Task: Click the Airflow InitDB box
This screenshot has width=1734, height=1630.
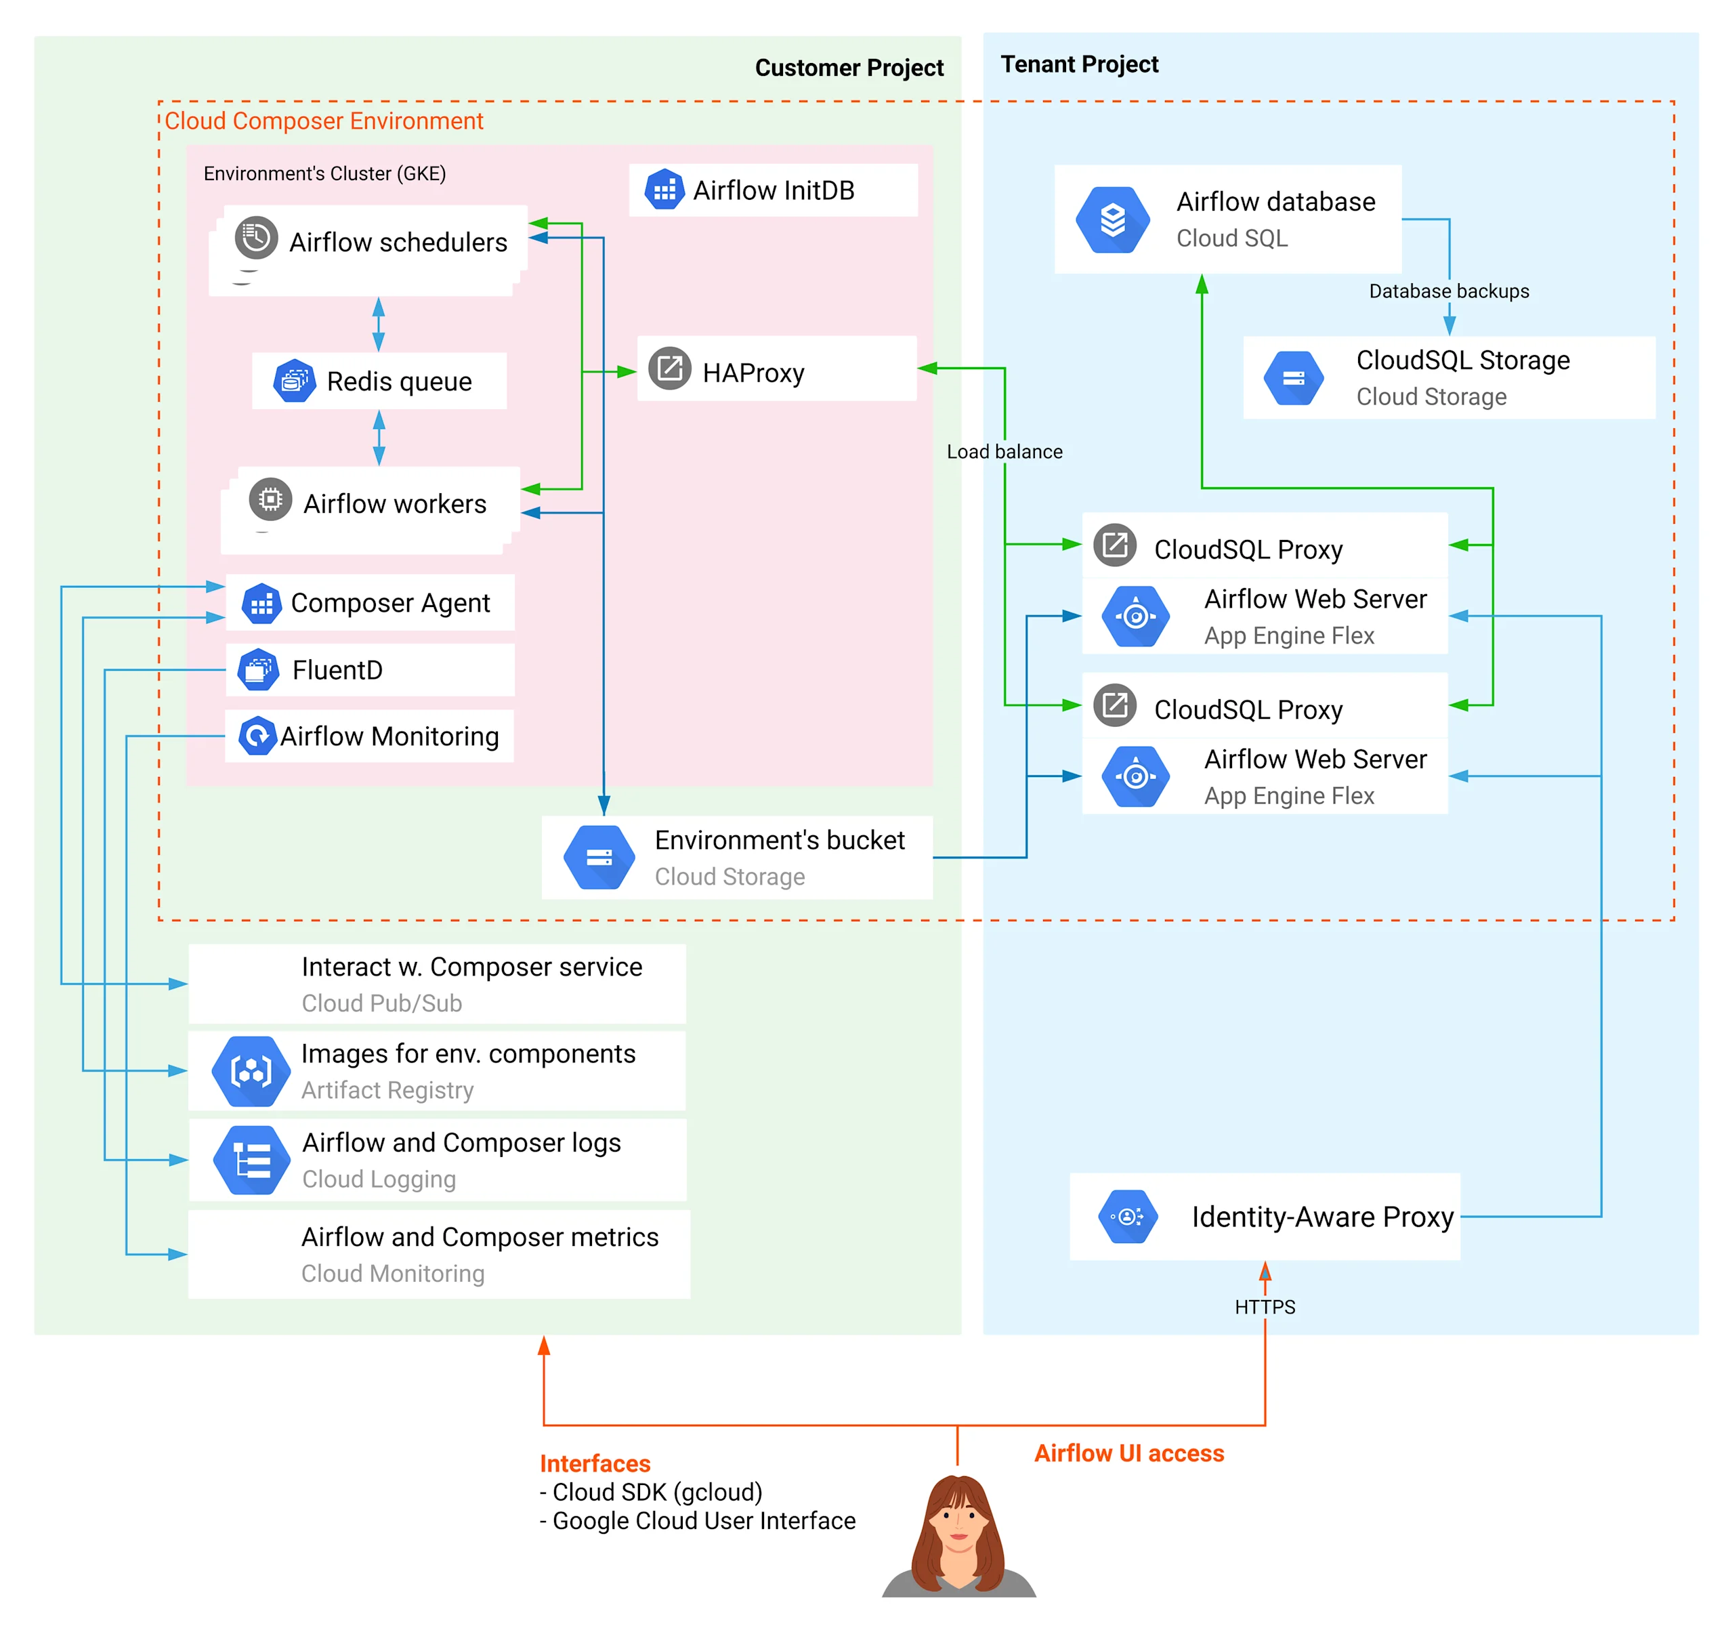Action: point(773,190)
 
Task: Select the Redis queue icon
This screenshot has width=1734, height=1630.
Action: point(294,381)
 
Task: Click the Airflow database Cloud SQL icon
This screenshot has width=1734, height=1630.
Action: point(1112,220)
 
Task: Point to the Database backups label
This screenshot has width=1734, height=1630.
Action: point(1448,291)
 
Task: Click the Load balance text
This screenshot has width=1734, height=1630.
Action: point(1004,452)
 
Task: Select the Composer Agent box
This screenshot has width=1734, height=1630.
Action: point(370,603)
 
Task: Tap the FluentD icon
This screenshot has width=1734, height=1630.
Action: point(258,670)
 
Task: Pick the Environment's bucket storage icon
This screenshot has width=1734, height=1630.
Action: point(599,857)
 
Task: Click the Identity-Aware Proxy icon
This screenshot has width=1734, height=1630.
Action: point(1127,1216)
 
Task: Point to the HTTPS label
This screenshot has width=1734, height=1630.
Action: point(1264,1307)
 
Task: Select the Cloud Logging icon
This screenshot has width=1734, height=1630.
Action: point(251,1160)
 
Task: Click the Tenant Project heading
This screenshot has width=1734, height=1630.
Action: point(1079,64)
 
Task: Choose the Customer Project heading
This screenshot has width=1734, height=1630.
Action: point(849,68)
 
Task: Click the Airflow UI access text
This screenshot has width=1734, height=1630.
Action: point(1128,1453)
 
